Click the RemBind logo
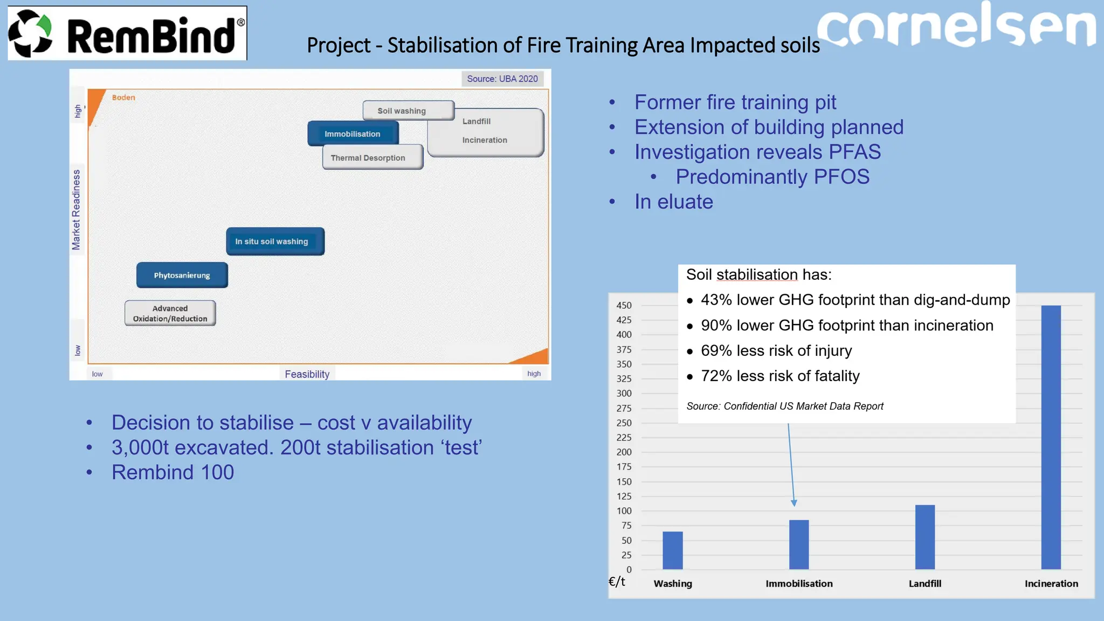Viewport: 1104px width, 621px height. pos(127,33)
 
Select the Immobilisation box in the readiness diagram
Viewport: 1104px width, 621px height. pos(353,134)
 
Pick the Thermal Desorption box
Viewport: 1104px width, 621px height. pos(372,157)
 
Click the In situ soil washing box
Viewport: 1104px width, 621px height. pos(275,241)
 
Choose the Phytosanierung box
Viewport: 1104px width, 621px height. pos(182,275)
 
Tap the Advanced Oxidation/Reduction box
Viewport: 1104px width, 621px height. pos(170,313)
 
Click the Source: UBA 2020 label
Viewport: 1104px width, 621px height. pos(502,79)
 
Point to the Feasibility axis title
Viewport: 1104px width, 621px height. pos(307,374)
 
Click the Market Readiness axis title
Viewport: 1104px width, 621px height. pos(77,210)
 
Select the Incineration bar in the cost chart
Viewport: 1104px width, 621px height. pos(1051,437)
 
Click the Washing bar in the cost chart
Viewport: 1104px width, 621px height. pos(672,550)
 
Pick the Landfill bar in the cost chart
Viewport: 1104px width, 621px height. pos(925,537)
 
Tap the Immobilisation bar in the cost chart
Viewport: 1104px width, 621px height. pos(799,544)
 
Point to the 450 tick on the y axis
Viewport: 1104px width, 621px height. pos(624,305)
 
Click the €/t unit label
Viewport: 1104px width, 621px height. pos(617,581)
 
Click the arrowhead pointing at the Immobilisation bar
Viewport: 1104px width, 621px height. pos(793,502)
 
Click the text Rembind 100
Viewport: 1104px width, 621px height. pos(172,472)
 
